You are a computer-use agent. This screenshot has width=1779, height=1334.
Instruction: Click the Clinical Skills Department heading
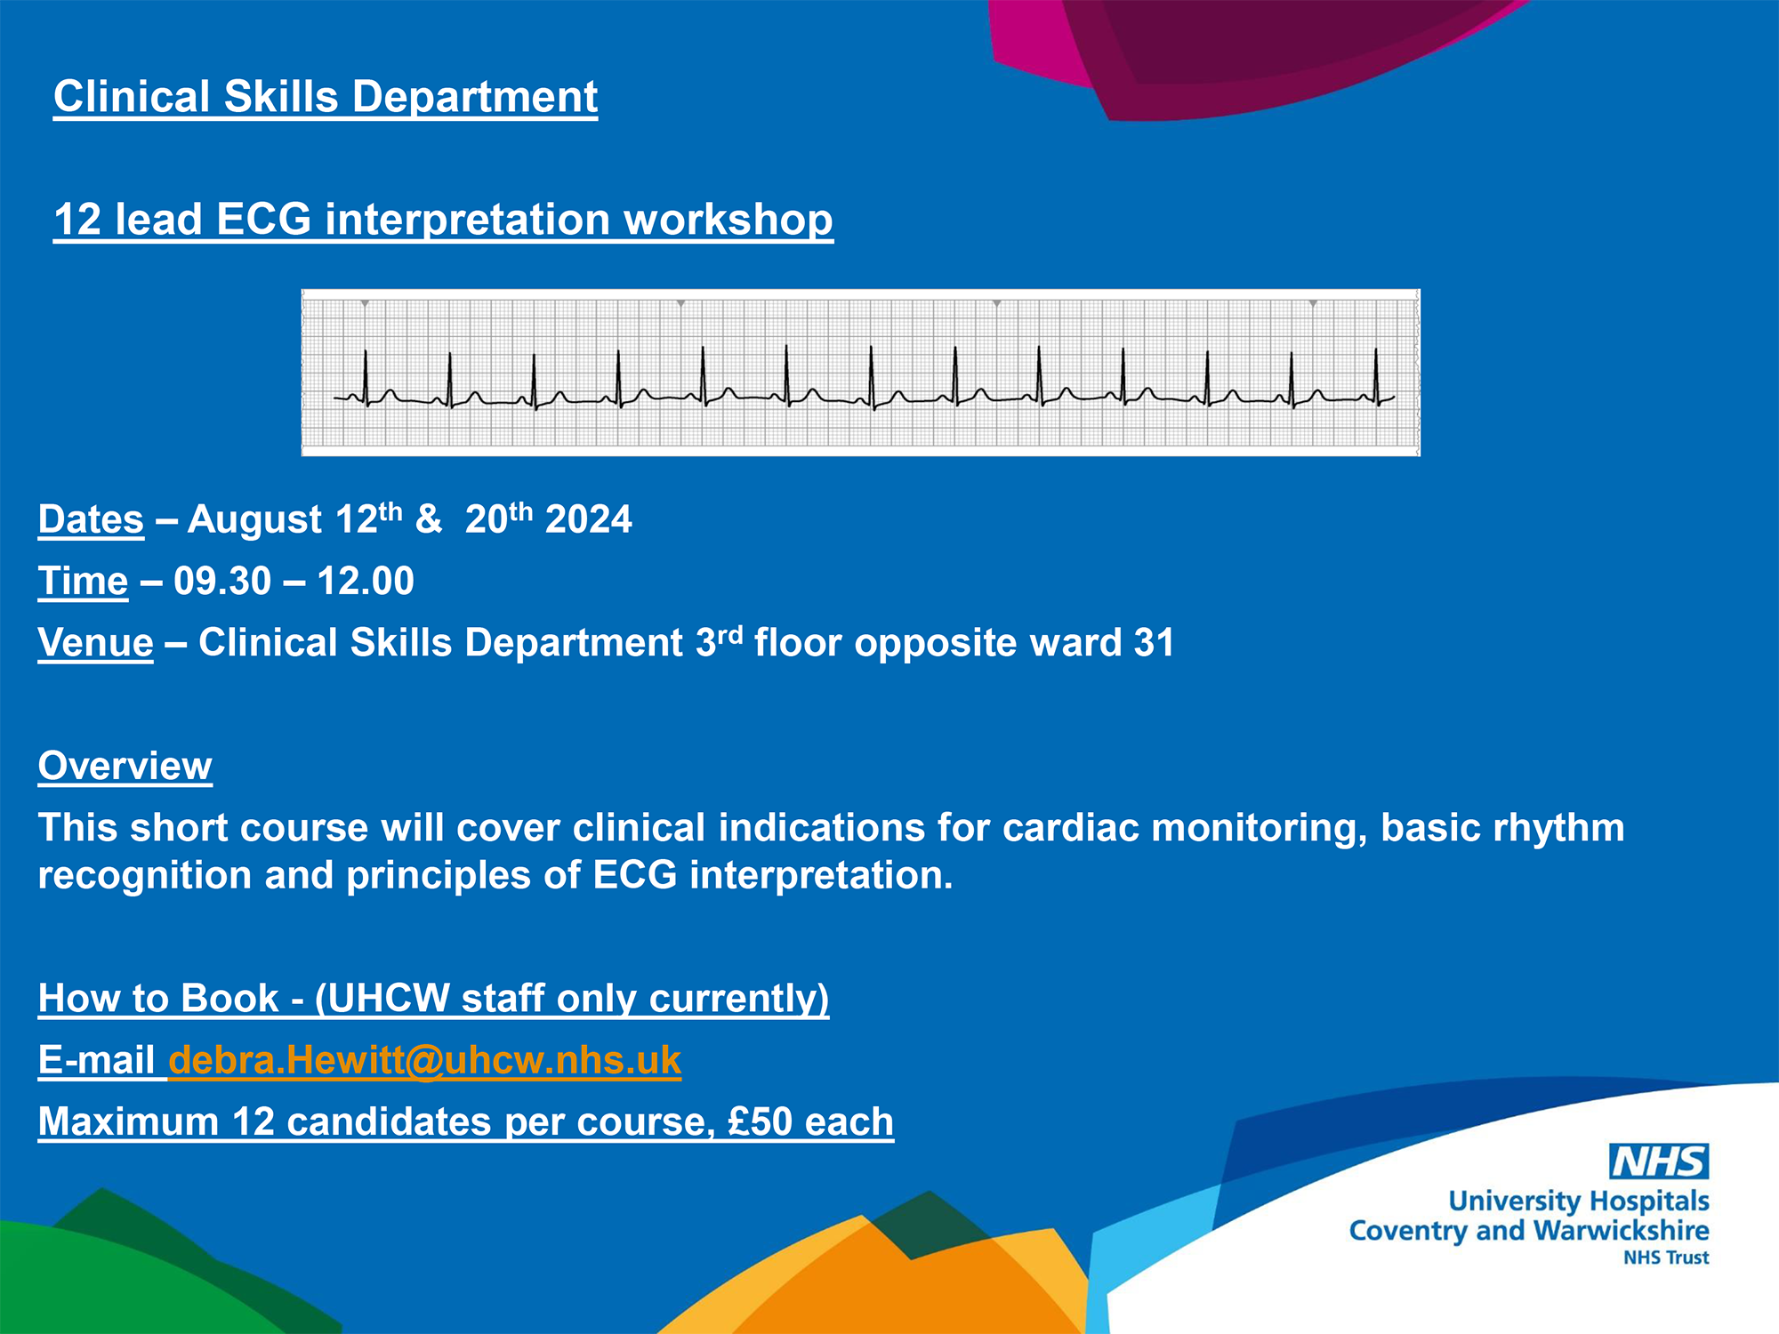point(326,97)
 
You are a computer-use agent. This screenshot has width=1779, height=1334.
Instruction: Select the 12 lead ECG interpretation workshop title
point(443,220)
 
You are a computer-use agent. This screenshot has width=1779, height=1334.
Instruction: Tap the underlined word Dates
point(91,519)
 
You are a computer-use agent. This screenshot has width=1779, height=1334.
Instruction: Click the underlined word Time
point(83,582)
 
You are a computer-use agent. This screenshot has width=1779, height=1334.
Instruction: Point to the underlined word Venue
point(95,643)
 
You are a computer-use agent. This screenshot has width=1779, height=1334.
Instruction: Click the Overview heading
point(125,766)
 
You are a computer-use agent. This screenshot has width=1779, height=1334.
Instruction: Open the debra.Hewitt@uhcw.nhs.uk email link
point(425,1060)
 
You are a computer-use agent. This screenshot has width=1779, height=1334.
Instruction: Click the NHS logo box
point(1659,1161)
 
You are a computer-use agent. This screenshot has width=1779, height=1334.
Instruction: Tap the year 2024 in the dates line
point(589,519)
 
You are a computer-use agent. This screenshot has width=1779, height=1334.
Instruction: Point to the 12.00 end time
point(366,582)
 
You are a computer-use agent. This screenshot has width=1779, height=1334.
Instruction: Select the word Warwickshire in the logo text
point(1622,1231)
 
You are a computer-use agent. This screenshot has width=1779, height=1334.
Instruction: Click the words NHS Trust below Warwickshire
point(1666,1258)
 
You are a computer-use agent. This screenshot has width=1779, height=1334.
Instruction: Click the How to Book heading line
point(433,999)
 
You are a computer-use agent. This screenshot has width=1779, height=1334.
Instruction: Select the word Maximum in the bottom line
point(128,1121)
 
